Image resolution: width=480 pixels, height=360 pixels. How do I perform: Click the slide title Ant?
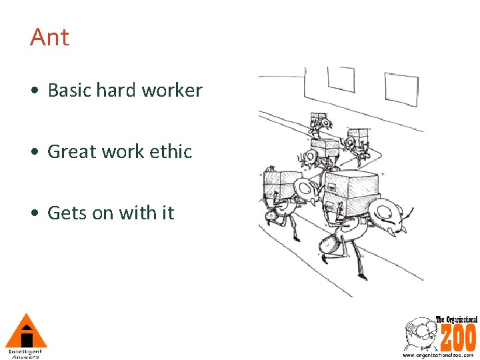pyautogui.click(x=49, y=37)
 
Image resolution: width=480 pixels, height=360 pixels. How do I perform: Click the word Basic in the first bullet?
pyautogui.click(x=69, y=91)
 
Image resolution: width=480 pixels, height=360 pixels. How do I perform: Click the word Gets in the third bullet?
pyautogui.click(x=65, y=213)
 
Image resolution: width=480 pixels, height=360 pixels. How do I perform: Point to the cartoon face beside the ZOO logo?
pyautogui.click(x=419, y=333)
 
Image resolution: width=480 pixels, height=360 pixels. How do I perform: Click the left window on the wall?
pyautogui.click(x=339, y=79)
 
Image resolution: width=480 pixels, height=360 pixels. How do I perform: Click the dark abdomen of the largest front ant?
pyautogui.click(x=331, y=244)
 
